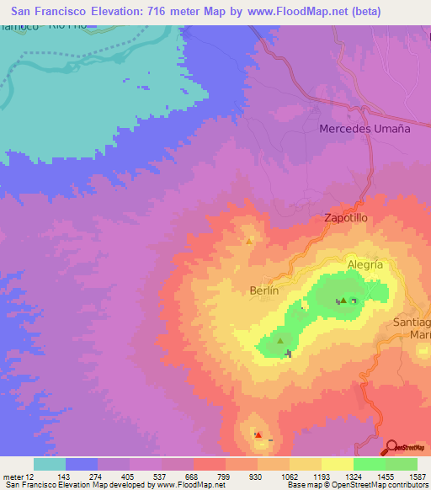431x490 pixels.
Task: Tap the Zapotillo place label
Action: click(346, 217)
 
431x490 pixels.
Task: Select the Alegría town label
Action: click(365, 264)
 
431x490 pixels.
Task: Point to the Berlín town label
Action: click(263, 289)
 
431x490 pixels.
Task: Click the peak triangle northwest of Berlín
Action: click(249, 242)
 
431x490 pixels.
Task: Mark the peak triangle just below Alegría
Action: click(343, 300)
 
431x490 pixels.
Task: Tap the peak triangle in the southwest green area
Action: click(281, 341)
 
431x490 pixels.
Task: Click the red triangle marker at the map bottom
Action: click(258, 435)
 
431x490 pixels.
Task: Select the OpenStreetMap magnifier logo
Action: click(391, 448)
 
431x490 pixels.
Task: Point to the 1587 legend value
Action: click(418, 477)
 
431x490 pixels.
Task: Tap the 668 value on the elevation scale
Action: click(192, 477)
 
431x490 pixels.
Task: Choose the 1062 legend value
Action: click(288, 477)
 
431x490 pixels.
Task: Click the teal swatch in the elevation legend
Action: click(50, 464)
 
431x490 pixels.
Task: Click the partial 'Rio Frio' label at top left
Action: click(69, 26)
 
